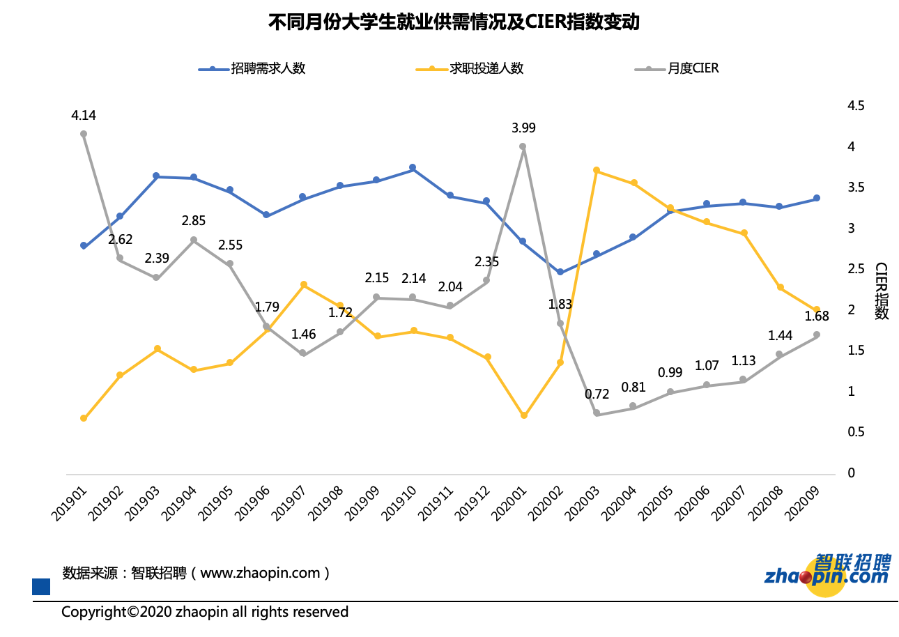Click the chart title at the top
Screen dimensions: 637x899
point(454,22)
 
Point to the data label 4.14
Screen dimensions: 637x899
point(84,116)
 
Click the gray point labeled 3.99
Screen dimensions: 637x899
point(523,146)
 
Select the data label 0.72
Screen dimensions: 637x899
point(597,394)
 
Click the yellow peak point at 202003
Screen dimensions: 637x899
point(597,170)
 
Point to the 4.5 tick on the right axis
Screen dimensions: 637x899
point(855,106)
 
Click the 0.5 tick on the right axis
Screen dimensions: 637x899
point(855,432)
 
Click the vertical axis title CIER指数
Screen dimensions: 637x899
point(882,291)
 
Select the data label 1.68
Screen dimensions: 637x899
point(816,316)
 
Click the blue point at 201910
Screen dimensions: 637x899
point(413,168)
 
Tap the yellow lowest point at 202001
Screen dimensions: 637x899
point(523,415)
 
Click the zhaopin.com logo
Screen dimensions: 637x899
point(828,575)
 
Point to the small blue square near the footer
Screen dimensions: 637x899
point(41,587)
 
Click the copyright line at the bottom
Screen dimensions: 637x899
point(205,612)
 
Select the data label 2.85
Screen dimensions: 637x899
point(194,221)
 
